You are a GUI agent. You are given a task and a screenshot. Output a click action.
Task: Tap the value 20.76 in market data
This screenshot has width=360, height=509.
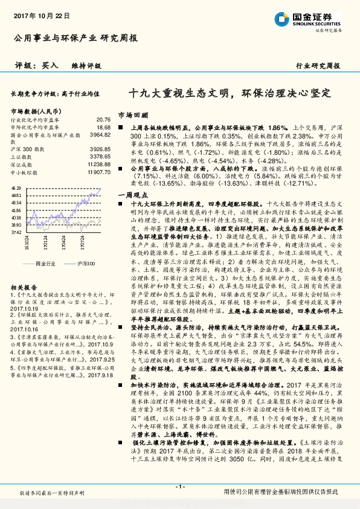103,120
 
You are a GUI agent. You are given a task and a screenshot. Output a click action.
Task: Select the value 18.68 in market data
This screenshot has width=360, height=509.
103,128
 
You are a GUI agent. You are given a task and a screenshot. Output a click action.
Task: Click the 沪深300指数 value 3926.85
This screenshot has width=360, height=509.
100,149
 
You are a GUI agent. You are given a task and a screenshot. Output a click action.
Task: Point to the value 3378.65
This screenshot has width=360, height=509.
100,156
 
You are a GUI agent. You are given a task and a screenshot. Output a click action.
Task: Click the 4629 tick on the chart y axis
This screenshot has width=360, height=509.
16,189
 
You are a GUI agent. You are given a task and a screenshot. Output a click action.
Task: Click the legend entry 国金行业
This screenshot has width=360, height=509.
45,264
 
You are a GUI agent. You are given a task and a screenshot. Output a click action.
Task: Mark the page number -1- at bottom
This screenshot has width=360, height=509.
179,487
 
